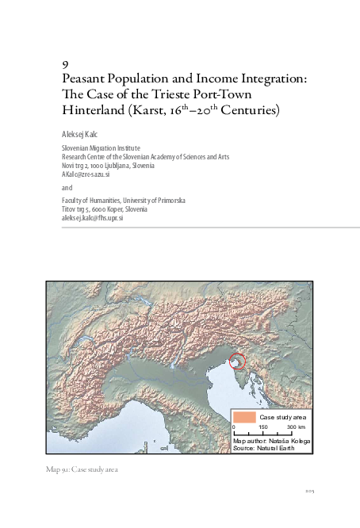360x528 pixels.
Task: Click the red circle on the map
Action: [x=237, y=362]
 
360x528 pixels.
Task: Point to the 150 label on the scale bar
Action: [x=262, y=427]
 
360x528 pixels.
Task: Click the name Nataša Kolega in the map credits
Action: [x=290, y=440]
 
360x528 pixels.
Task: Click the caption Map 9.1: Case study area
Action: [x=82, y=470]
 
